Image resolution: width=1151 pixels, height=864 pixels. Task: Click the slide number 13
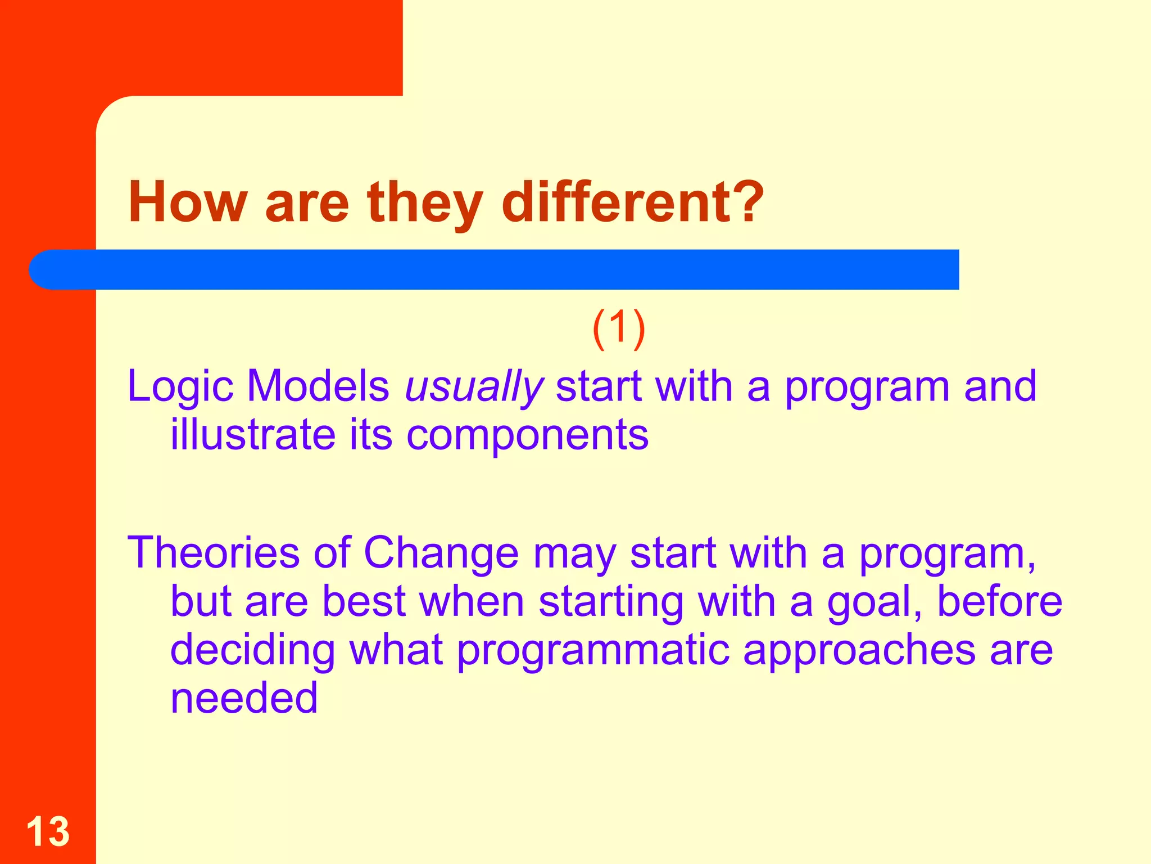click(48, 831)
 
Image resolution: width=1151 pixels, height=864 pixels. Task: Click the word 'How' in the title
click(188, 202)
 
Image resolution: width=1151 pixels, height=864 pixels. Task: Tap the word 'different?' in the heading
click(632, 202)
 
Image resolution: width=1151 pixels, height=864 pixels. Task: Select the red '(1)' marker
click(619, 328)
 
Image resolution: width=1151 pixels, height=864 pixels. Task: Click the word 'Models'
click(318, 387)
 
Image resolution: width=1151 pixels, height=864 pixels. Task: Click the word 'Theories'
click(214, 553)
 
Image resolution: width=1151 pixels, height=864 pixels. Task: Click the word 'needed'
click(244, 699)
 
